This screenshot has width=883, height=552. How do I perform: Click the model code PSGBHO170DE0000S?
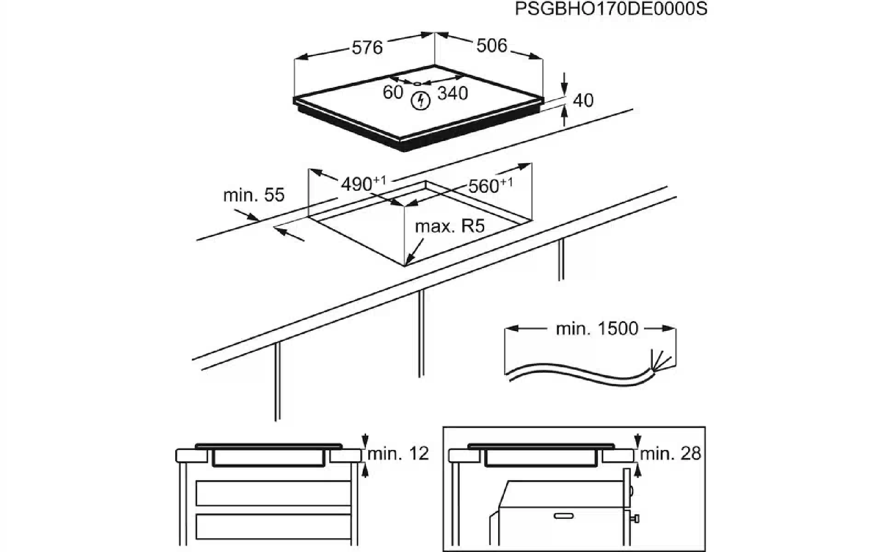point(611,9)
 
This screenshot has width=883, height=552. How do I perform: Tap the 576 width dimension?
point(367,47)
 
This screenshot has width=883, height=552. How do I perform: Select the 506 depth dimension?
point(492,46)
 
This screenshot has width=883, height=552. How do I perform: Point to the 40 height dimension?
point(583,100)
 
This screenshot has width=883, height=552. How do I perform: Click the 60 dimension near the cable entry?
point(393,92)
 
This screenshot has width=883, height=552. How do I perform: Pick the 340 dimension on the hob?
point(453,93)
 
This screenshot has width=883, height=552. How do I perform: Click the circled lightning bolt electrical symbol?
point(420,100)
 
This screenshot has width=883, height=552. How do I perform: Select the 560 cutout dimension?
point(490,185)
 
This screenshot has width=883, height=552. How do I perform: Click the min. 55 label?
point(254,195)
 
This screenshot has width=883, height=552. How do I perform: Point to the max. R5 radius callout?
point(450,226)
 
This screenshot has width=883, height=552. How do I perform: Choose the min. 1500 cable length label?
point(597,328)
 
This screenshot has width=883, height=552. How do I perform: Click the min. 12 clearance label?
point(398,454)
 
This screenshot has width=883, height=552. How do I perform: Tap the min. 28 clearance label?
point(671,454)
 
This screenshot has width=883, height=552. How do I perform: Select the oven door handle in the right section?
point(564,516)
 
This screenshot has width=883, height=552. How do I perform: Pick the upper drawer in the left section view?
point(273,494)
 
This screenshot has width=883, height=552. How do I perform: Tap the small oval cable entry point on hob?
point(417,84)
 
